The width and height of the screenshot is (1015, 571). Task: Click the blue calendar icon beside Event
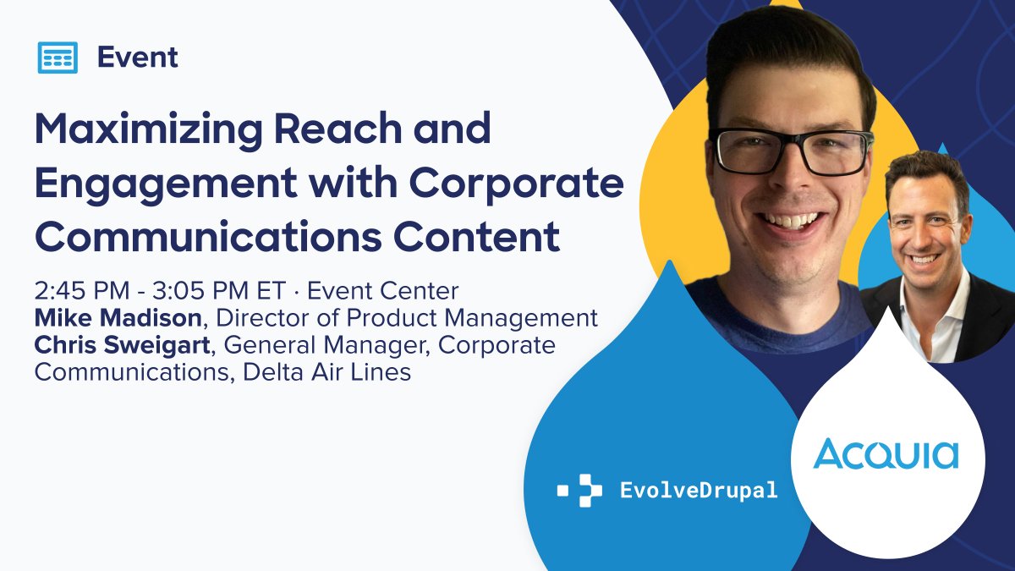click(58, 58)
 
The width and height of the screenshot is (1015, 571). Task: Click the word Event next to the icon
click(137, 58)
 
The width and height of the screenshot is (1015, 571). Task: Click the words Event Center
click(382, 292)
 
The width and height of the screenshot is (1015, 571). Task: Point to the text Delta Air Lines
click(326, 372)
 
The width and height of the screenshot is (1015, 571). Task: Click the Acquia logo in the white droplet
click(886, 454)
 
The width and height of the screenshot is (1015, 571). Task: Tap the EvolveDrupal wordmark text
click(699, 490)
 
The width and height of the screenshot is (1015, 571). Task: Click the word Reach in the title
click(343, 129)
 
